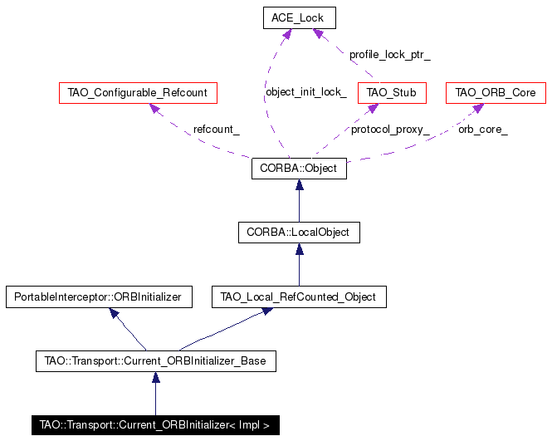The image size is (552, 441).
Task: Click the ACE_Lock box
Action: pyautogui.click(x=299, y=17)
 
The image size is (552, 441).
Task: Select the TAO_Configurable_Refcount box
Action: pyautogui.click(x=138, y=93)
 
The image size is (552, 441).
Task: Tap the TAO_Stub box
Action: pyautogui.click(x=392, y=93)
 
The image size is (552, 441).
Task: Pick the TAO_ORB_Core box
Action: pyautogui.click(x=496, y=93)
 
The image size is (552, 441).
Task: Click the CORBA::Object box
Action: pyautogui.click(x=299, y=169)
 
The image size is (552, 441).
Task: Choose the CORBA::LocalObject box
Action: pyautogui.click(x=299, y=233)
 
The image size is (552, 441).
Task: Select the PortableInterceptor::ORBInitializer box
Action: pyautogui.click(x=99, y=297)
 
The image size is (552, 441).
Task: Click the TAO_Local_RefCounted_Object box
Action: pyautogui.click(x=299, y=297)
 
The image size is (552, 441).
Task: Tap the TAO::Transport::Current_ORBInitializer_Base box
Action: pyautogui.click(x=155, y=361)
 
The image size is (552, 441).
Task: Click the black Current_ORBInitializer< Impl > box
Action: pyautogui.click(x=155, y=425)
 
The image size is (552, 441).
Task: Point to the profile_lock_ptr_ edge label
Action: pyautogui.click(x=389, y=55)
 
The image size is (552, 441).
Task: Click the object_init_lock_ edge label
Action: pyautogui.click(x=306, y=92)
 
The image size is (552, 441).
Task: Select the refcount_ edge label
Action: pyautogui.click(x=216, y=130)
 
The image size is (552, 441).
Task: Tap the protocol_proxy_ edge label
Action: pyautogui.click(x=390, y=130)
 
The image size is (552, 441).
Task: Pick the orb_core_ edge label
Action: pyautogui.click(x=482, y=130)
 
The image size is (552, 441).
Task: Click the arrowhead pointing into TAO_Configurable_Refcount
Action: pyautogui.click(x=155, y=108)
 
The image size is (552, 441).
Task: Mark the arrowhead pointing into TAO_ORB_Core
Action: pyautogui.click(x=479, y=108)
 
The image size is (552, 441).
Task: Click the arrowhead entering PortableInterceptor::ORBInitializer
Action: pyautogui.click(x=114, y=313)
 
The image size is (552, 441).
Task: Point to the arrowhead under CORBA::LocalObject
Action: pyautogui.click(x=299, y=249)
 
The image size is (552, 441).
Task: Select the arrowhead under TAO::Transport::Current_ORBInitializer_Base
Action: pyautogui.click(x=155, y=378)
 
